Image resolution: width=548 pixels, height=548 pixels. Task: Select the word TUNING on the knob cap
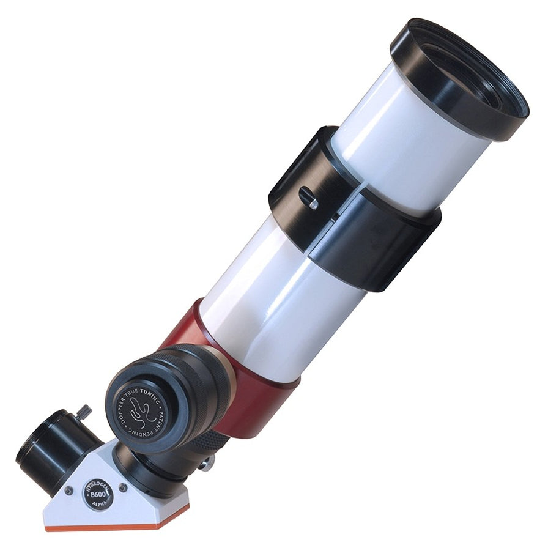tap(149, 390)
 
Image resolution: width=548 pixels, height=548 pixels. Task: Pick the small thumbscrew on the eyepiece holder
tap(84, 411)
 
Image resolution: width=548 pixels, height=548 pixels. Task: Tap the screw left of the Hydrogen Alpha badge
tap(68, 491)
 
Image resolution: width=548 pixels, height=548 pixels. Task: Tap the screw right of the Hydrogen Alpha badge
tap(123, 487)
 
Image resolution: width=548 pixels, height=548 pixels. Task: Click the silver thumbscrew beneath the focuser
tap(207, 463)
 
